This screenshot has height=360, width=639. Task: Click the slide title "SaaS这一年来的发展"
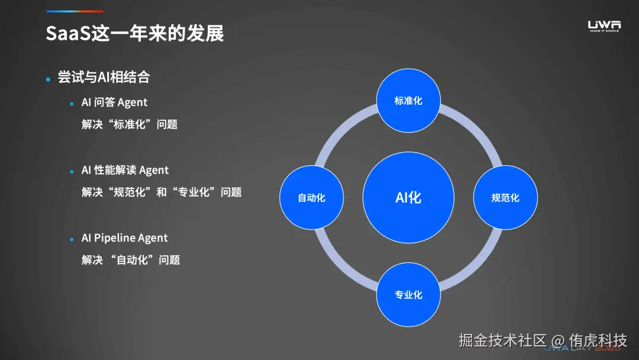pyautogui.click(x=135, y=34)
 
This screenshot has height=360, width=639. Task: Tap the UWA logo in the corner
pyautogui.click(x=604, y=25)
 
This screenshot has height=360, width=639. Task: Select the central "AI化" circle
pyautogui.click(x=408, y=197)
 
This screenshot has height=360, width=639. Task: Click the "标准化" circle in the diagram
pyautogui.click(x=408, y=101)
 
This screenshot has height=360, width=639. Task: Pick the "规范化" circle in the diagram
pyautogui.click(x=505, y=198)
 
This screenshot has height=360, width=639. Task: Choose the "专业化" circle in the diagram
pyautogui.click(x=408, y=294)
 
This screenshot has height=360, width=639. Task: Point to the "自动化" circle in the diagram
pyautogui.click(x=311, y=198)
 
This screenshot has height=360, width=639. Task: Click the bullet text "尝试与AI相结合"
pyautogui.click(x=104, y=78)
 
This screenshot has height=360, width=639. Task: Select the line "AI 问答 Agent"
pyautogui.click(x=114, y=102)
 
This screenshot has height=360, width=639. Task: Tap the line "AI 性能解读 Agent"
pyautogui.click(x=125, y=171)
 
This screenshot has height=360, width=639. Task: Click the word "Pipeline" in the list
pyautogui.click(x=114, y=238)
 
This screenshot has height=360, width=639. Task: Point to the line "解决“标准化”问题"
pyautogui.click(x=130, y=125)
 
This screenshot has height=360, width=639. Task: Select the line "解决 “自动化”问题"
pyautogui.click(x=131, y=260)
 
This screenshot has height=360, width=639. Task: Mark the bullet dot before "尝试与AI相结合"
pyautogui.click(x=49, y=79)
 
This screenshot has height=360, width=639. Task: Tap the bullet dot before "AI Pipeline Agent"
pyautogui.click(x=72, y=239)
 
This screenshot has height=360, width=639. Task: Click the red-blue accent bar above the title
pyautogui.click(x=75, y=11)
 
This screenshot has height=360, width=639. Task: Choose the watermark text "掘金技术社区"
pyautogui.click(x=502, y=340)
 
